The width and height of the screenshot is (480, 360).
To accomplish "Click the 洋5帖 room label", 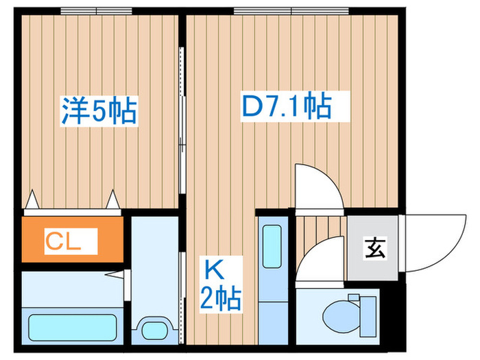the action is pyautogui.click(x=99, y=110).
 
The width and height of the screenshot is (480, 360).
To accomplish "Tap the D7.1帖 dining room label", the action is pyautogui.click(x=287, y=106).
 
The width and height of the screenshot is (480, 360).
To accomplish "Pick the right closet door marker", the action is pyautogui.click(x=113, y=200).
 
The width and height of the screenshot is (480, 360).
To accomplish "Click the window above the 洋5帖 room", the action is pyautogui.click(x=95, y=11).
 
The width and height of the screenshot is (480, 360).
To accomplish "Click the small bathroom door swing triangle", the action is pyautogui.click(x=124, y=276).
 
